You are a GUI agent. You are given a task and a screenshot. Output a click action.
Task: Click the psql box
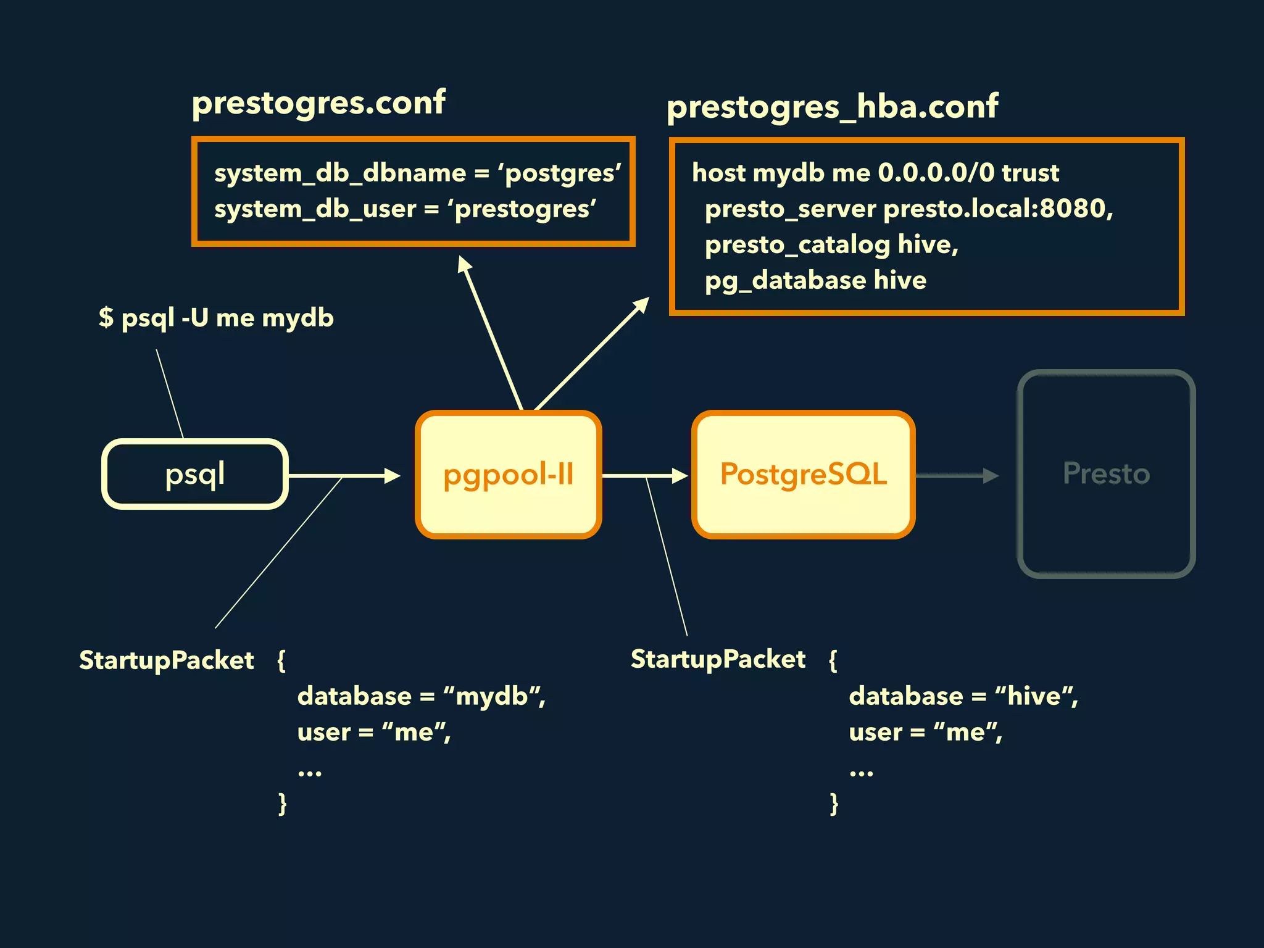(x=194, y=474)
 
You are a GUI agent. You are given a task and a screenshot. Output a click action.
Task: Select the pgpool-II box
(x=508, y=474)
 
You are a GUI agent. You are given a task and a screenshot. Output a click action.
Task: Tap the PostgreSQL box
(x=803, y=474)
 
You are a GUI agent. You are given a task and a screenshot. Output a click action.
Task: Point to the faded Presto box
(x=1106, y=474)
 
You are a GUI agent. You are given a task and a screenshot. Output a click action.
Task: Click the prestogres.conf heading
(x=318, y=102)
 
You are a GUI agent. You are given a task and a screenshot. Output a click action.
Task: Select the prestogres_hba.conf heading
(x=832, y=106)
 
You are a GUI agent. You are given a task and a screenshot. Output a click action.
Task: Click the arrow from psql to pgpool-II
(x=344, y=476)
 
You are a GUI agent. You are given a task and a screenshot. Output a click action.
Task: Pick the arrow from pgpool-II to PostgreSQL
(x=645, y=476)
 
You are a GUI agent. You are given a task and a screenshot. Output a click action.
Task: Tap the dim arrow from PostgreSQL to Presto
(x=957, y=476)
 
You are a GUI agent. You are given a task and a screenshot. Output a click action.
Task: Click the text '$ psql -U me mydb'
(x=216, y=318)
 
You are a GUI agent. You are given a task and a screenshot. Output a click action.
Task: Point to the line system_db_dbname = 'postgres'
(x=417, y=173)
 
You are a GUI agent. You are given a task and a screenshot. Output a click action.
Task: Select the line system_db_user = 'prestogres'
(x=405, y=209)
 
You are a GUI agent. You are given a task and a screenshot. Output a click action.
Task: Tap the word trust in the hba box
(x=1030, y=173)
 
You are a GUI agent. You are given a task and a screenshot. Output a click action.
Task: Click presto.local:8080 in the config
(x=997, y=209)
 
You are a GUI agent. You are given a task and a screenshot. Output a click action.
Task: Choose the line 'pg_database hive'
(x=815, y=280)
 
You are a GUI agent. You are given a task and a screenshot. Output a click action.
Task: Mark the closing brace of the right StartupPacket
(x=834, y=804)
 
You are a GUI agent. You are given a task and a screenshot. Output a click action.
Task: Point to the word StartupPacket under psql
(x=167, y=660)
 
